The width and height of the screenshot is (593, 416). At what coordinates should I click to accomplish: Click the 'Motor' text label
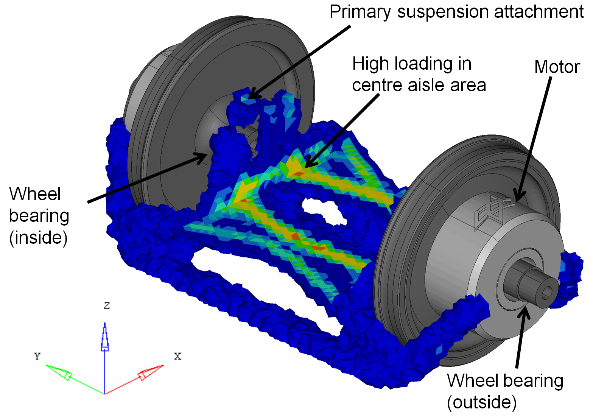click(557, 67)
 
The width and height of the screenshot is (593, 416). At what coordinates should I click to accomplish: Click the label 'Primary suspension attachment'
click(456, 12)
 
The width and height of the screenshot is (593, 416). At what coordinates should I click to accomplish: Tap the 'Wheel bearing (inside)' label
click(39, 216)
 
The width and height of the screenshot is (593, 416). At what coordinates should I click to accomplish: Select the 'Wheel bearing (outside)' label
click(505, 391)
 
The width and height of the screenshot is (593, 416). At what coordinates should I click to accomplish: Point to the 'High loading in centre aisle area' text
click(419, 74)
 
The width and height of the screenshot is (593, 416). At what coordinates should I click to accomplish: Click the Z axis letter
click(107, 305)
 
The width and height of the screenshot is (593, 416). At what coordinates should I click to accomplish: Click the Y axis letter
click(37, 356)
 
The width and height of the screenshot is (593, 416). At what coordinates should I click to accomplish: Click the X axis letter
click(177, 356)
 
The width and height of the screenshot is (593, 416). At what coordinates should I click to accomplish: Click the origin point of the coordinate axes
click(104, 394)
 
